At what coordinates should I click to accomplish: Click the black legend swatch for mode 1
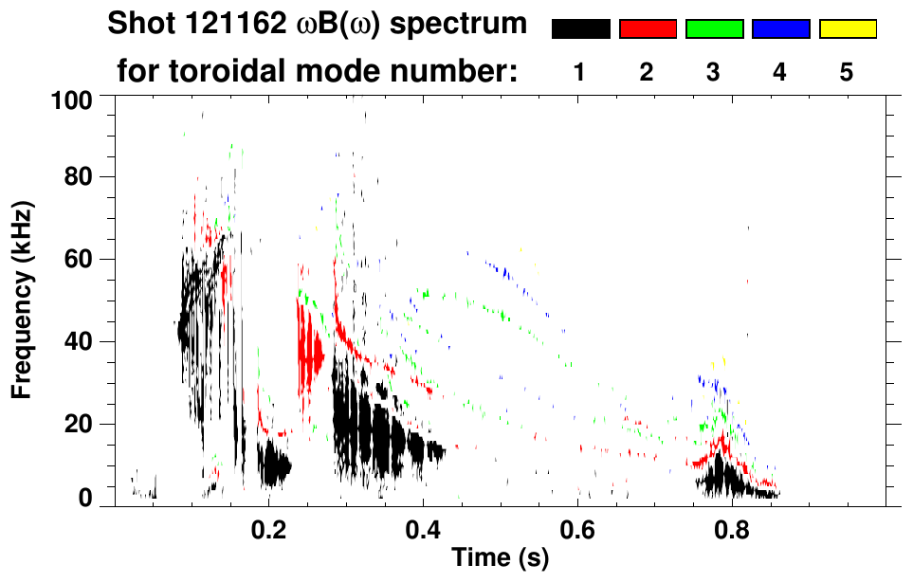580,29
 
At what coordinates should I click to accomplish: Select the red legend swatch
648,29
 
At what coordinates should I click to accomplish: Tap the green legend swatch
714,29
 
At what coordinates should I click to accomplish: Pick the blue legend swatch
780,29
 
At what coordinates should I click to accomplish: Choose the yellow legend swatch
847,29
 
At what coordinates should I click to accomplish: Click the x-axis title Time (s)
499,559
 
